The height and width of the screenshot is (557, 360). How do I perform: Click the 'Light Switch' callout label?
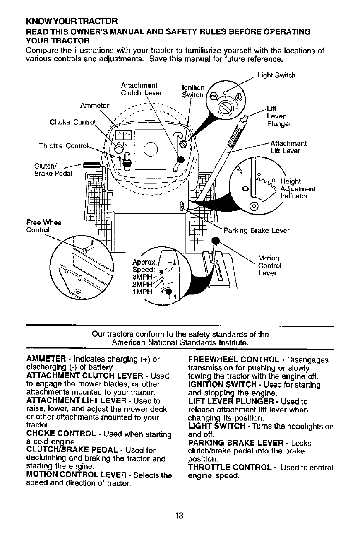coord(276,75)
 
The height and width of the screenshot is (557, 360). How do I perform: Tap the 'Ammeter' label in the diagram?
coord(95,106)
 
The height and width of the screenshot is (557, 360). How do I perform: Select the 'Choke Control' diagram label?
coord(72,122)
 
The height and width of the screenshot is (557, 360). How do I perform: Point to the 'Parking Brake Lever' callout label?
coord(257,231)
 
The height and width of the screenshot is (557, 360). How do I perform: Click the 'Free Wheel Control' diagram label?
coord(44,226)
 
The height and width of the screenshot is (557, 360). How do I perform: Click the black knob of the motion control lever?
coord(216,241)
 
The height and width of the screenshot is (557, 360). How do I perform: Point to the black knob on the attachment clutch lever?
coord(181,159)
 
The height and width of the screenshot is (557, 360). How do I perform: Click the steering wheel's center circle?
coord(151,149)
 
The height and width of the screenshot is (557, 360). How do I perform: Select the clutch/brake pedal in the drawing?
coord(91,164)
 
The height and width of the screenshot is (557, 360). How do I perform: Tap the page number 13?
coord(179,516)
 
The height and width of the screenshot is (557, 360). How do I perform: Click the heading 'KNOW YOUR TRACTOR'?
coord(72,21)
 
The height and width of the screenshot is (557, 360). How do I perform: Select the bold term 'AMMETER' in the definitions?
coord(46,359)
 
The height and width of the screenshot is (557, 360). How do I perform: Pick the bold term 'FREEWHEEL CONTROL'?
coord(233,359)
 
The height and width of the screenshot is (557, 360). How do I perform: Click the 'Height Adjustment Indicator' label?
coord(298,188)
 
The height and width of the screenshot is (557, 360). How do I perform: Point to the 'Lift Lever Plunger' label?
coord(279,116)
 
